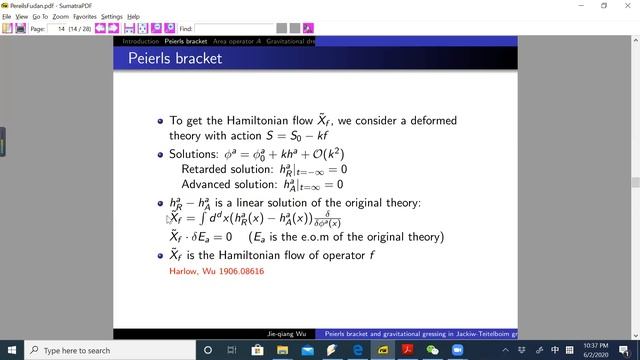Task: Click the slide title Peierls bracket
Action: pos(175,59)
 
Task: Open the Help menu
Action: pos(134,17)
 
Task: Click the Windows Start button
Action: pos(10,350)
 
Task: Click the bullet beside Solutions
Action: pos(160,155)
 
